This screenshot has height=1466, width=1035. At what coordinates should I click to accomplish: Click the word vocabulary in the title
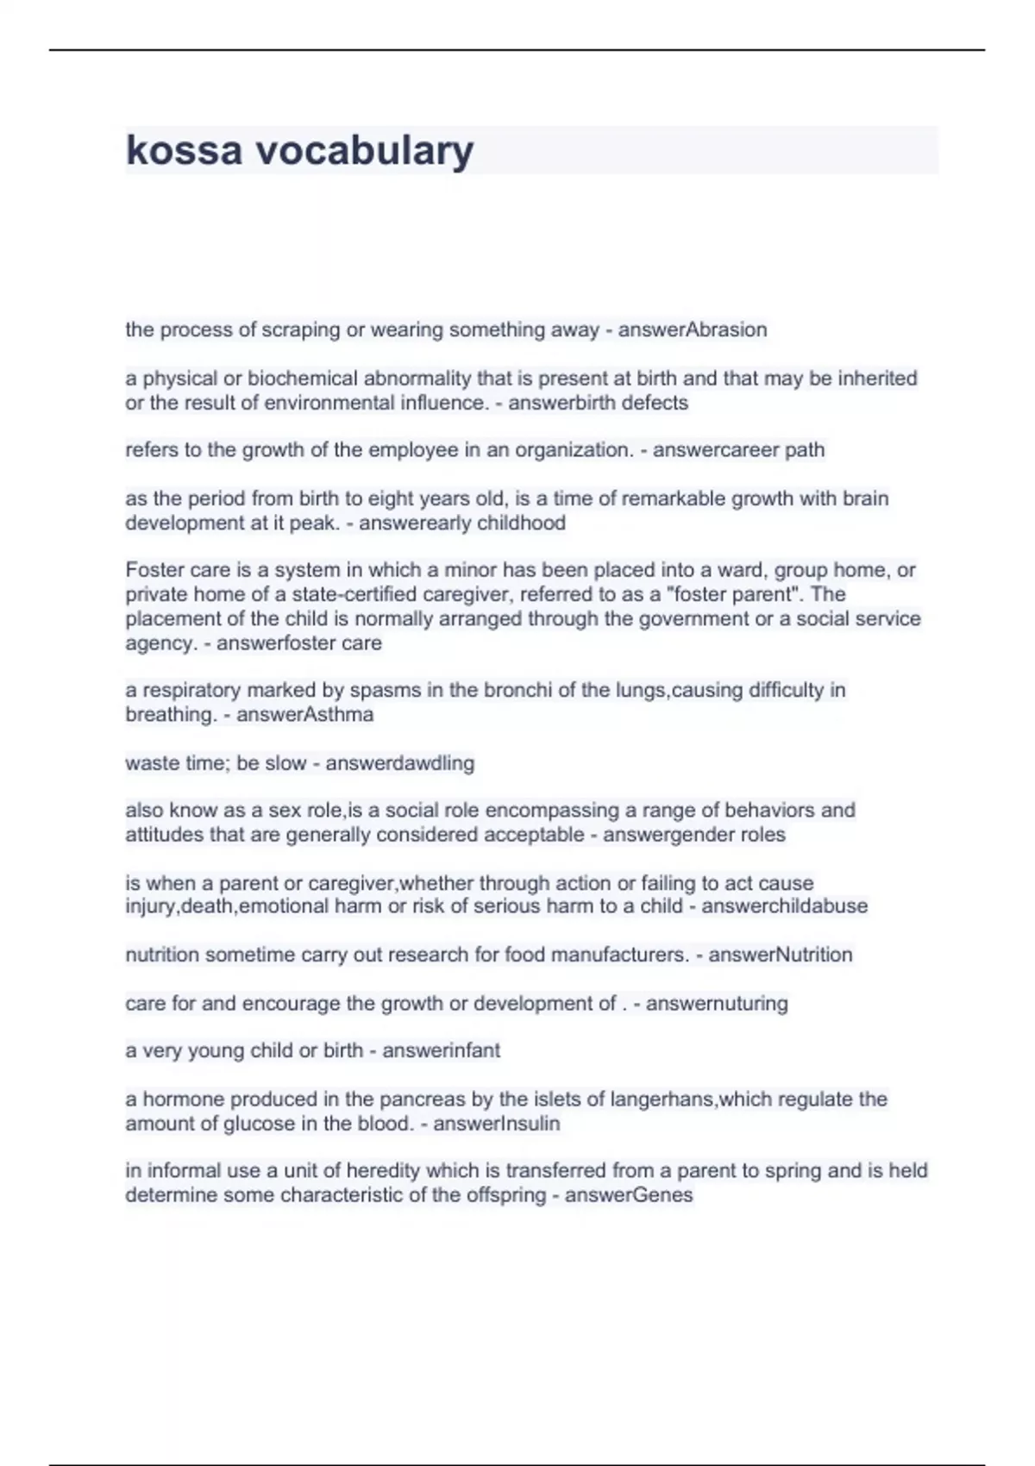click(364, 152)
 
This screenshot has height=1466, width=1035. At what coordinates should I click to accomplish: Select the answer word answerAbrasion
click(693, 329)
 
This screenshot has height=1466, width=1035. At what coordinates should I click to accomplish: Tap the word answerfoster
click(268, 643)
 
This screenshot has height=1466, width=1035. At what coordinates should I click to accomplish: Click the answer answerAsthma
click(304, 715)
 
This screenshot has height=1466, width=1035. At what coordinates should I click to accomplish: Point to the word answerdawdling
click(399, 763)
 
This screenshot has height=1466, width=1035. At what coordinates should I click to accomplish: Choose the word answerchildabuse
click(784, 906)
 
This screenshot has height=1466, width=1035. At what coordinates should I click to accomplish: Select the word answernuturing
click(717, 1004)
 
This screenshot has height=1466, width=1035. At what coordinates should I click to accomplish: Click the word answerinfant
click(441, 1051)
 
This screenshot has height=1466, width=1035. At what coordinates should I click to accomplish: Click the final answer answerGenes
click(629, 1195)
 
